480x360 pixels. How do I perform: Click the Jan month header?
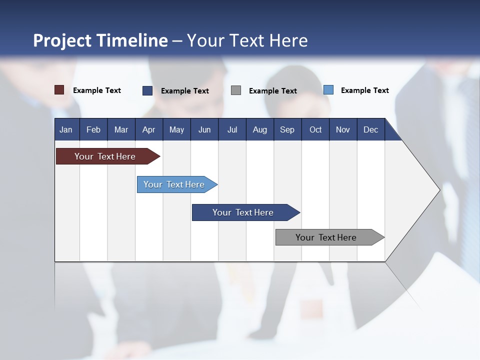[66, 129]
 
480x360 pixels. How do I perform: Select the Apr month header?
[148, 129]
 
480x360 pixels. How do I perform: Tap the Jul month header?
[232, 129]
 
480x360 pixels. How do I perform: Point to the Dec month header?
[370, 129]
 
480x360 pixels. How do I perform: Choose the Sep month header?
[287, 129]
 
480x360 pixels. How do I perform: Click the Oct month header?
[315, 129]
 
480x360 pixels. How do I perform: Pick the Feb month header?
[93, 129]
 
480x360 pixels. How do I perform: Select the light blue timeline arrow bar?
[175, 184]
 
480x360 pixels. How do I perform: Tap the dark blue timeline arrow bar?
[243, 212]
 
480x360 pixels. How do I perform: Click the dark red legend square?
[59, 90]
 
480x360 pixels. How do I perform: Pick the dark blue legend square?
[147, 90]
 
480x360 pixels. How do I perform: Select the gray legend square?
[236, 90]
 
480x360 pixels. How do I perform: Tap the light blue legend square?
[328, 90]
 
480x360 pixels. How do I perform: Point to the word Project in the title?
[61, 40]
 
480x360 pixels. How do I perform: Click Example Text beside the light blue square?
[364, 90]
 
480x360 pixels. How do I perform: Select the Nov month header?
[342, 129]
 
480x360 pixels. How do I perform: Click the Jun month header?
[204, 129]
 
